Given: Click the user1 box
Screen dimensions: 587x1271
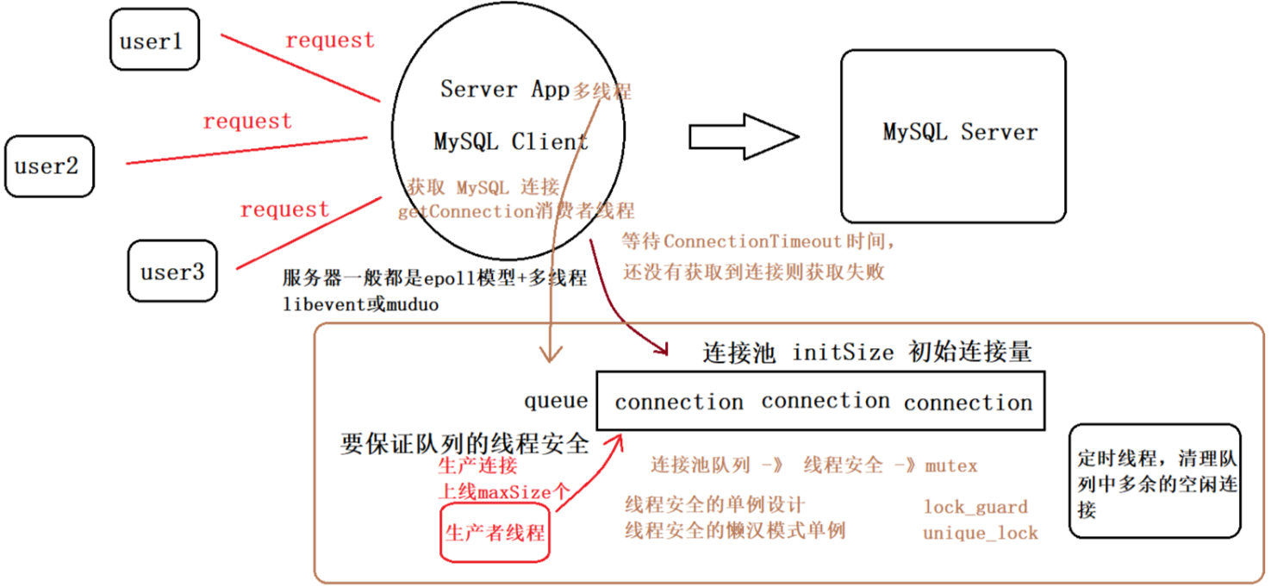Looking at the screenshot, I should click(154, 40).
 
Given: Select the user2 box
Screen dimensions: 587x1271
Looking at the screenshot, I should click(48, 165).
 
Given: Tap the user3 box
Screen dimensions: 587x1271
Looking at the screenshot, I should click(172, 272).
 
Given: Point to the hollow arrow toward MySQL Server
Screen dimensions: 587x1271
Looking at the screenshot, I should click(744, 136).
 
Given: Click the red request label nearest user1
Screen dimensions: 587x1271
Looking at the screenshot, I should click(330, 40).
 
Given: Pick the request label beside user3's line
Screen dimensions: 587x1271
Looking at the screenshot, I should click(284, 209).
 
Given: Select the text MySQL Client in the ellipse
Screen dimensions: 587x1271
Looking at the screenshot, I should click(511, 141).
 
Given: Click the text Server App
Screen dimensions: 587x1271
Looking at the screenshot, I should click(505, 89).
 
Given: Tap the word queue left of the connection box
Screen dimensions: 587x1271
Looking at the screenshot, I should click(556, 401).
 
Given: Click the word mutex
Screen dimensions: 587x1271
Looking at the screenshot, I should click(951, 466).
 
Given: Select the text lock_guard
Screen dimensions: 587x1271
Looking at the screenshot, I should click(975, 507).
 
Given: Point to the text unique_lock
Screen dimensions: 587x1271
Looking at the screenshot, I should click(980, 534).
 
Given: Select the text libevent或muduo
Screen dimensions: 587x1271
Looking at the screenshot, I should click(360, 304).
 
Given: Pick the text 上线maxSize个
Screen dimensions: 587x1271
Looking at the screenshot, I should click(504, 493).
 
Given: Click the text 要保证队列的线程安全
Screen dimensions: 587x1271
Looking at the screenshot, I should click(464, 444).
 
